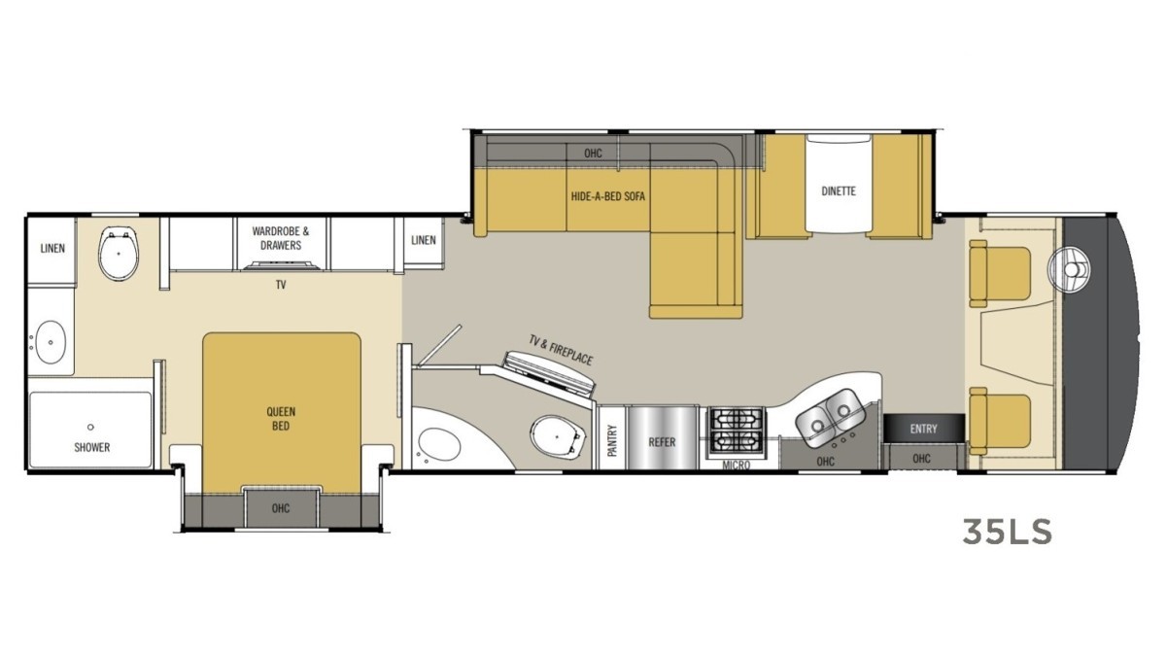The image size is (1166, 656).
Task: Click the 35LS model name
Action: pos(1007,532)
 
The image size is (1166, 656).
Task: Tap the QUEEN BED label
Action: pos(281,418)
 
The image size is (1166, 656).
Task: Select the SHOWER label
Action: pos(92,447)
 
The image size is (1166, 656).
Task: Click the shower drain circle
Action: pos(90,427)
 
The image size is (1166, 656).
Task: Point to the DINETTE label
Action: pos(838,190)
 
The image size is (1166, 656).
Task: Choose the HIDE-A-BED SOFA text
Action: pos(608,196)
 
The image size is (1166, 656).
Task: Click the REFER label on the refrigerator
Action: pos(662,441)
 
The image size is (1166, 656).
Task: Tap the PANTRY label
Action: pos(612,441)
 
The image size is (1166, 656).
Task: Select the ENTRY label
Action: pos(923,429)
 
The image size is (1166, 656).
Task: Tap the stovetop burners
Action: pos(737,430)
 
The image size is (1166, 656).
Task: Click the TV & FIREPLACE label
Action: pos(560,350)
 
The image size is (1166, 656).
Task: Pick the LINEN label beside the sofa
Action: pos(424,240)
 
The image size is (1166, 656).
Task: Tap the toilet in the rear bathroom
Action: pos(120,254)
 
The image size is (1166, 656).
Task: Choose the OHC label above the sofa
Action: pos(593,154)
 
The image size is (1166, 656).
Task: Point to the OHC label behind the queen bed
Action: pos(281,508)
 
